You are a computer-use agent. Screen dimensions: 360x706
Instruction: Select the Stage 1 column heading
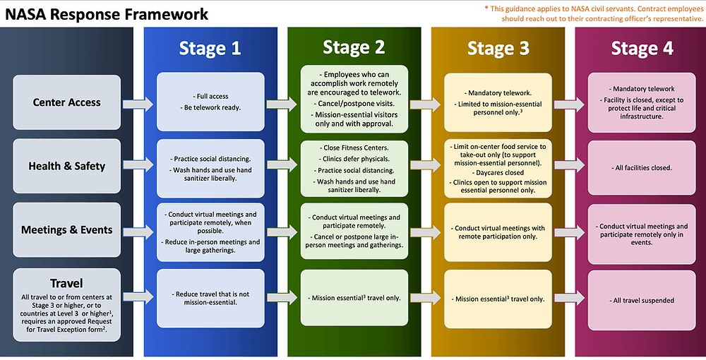pyautogui.click(x=210, y=48)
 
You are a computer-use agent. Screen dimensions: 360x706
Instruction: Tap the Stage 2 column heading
pyautogui.click(x=354, y=47)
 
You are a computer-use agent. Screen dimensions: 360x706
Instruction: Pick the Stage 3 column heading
pyautogui.click(x=498, y=48)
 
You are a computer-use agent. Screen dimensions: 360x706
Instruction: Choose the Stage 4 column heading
pyautogui.click(x=642, y=48)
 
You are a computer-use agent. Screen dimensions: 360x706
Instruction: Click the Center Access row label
pyautogui.click(x=68, y=102)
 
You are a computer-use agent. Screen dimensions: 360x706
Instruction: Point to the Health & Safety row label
pyautogui.click(x=67, y=166)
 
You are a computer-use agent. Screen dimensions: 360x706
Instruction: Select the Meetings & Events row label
pyautogui.click(x=67, y=229)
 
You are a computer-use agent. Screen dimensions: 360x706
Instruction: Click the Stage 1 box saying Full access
pyautogui.click(x=210, y=102)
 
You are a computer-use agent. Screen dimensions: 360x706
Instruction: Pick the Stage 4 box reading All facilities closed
pyautogui.click(x=642, y=167)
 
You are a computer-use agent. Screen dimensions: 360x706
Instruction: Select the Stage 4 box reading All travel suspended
pyautogui.click(x=642, y=300)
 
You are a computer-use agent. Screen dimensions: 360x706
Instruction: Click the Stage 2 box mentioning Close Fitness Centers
pyautogui.click(x=354, y=167)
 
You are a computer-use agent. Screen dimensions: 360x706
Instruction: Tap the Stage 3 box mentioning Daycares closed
pyautogui.click(x=498, y=167)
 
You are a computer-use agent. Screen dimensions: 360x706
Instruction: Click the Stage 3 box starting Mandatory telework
pyautogui.click(x=498, y=103)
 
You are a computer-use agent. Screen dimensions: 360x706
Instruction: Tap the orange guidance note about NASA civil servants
pyautogui.click(x=594, y=13)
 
